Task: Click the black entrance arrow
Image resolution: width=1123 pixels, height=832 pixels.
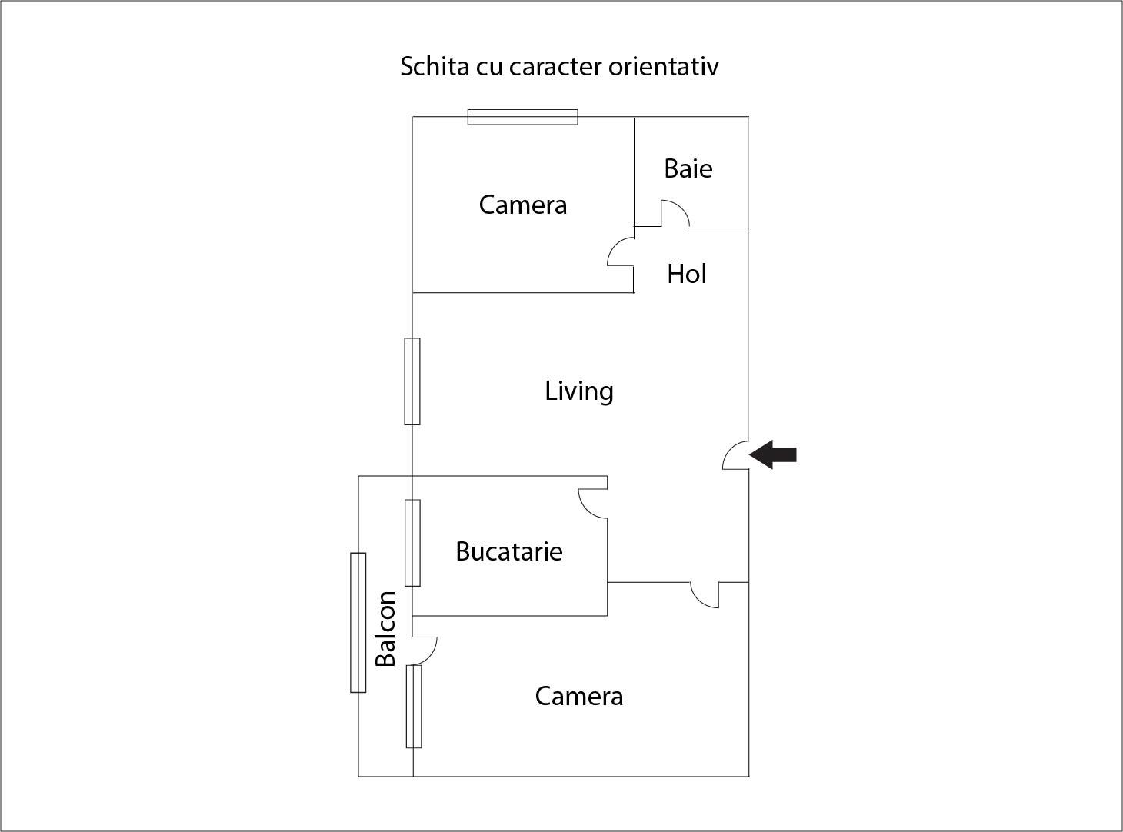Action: coord(773,454)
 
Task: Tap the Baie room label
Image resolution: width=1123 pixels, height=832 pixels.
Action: coord(688,168)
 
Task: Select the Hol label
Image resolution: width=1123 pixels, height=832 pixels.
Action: coord(687,274)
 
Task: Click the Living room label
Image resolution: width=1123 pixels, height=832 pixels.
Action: coord(579,391)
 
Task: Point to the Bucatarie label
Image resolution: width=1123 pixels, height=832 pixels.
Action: coord(509,551)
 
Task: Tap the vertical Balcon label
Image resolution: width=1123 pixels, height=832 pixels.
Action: coord(385,628)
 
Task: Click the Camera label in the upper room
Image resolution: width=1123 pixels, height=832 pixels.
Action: coord(523,205)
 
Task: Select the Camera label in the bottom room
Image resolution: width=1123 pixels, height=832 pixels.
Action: coord(579,696)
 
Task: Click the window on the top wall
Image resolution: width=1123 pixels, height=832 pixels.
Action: coord(523,117)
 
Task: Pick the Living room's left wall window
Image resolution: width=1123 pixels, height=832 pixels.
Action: coord(412,381)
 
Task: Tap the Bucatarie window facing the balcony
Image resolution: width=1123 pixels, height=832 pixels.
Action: coord(412,543)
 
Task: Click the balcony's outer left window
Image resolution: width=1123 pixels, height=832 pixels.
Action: coord(358,622)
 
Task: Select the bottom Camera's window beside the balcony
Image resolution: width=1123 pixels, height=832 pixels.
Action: coord(414,706)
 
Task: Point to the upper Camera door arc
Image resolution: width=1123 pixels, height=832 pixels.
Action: coord(619,252)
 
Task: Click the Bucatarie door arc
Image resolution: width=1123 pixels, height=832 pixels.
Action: coord(592,504)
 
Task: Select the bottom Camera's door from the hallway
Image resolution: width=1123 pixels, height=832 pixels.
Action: coord(705,595)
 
